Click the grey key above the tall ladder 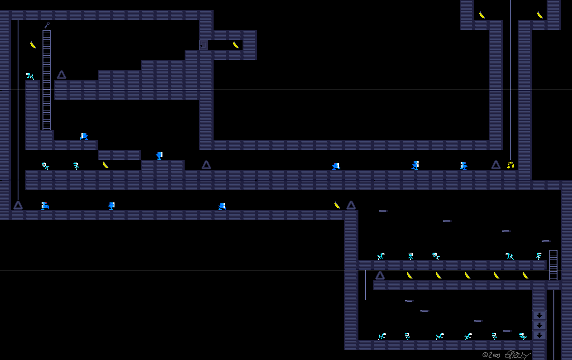click(47, 25)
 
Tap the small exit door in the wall click(203, 45)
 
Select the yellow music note click(510, 165)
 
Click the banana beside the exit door click(236, 45)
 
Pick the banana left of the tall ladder click(33, 45)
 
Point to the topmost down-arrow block click(539, 315)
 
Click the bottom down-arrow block click(539, 335)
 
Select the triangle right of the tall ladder click(62, 75)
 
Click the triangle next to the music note click(496, 165)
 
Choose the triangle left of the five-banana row click(380, 275)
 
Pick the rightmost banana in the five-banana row click(525, 275)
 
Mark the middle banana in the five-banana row click(467, 275)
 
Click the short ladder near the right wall click(553, 265)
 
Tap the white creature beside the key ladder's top click(30, 76)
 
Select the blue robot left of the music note click(463, 166)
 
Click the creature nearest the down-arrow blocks click(523, 336)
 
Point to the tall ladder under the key click(47, 80)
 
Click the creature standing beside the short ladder click(539, 256)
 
